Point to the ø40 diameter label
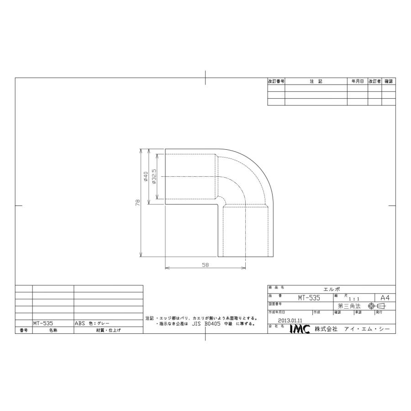click(146, 176)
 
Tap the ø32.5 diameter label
click(154, 176)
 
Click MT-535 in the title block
click(310, 297)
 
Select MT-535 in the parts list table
click(43, 322)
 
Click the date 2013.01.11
click(290, 321)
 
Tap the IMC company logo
click(300, 329)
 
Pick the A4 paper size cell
click(384, 297)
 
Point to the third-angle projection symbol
click(377, 306)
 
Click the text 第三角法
click(349, 306)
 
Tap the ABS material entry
click(80, 322)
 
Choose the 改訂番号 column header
click(276, 81)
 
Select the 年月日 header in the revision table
click(357, 81)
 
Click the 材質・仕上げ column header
click(108, 330)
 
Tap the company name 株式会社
click(326, 329)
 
